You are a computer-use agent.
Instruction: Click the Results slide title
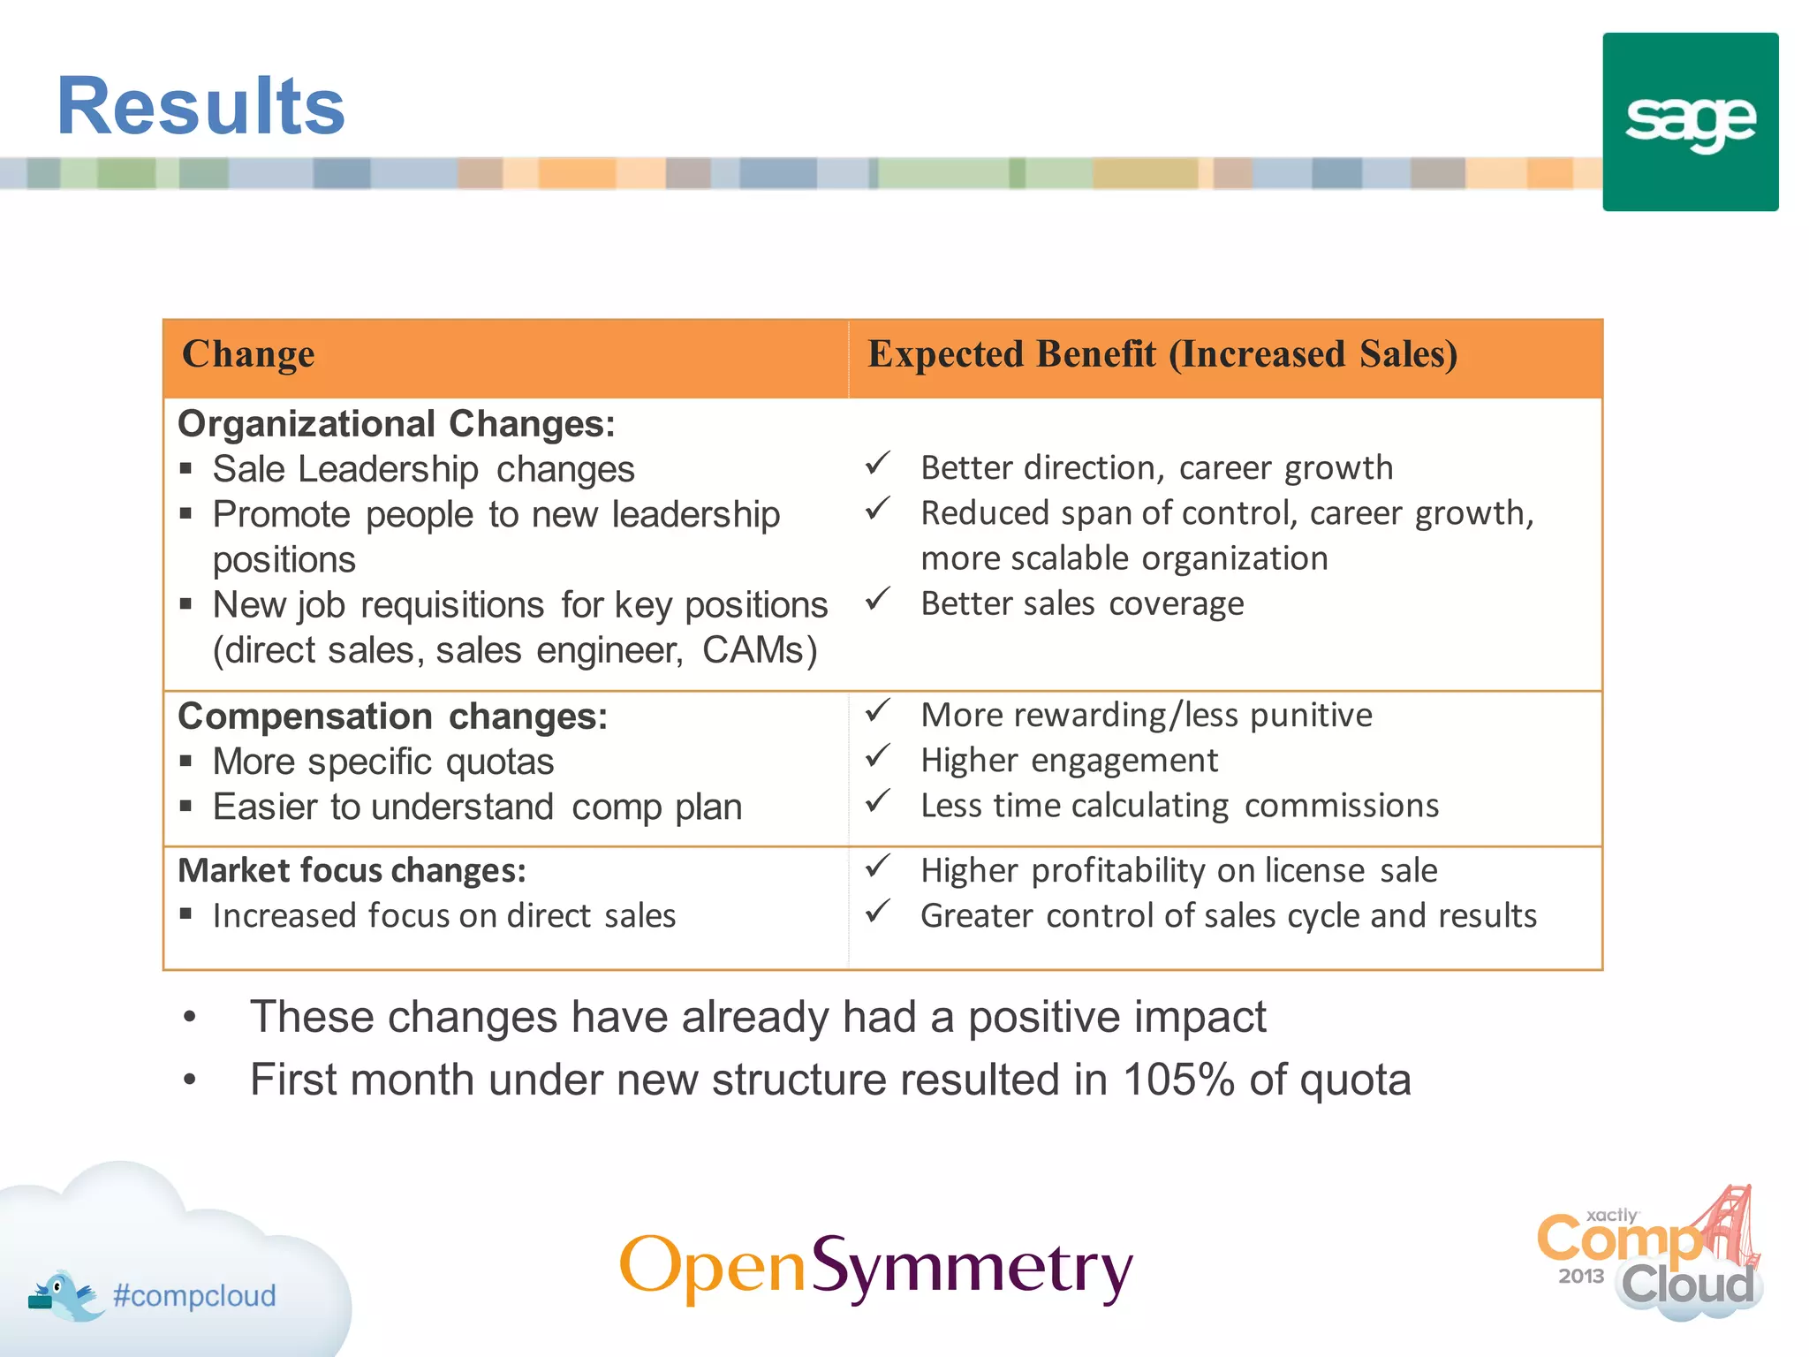201,107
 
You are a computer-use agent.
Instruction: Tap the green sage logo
1690,122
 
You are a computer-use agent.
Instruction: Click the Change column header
248,354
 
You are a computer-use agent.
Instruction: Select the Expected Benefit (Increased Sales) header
1162,354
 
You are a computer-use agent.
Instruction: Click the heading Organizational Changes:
396,424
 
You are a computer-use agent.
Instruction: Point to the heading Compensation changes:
392,716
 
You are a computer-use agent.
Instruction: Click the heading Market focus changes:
352,871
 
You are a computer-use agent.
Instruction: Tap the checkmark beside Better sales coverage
877,600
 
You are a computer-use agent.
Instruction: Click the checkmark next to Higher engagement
877,756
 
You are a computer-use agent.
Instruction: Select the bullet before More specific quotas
185,762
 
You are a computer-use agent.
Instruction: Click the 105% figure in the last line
1178,1080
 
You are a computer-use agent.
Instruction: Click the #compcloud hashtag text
194,1296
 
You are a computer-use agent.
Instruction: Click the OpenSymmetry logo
875,1268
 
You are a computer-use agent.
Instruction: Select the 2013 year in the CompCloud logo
1580,1277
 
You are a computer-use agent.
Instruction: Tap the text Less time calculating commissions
1179,807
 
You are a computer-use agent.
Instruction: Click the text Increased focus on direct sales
443,916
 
